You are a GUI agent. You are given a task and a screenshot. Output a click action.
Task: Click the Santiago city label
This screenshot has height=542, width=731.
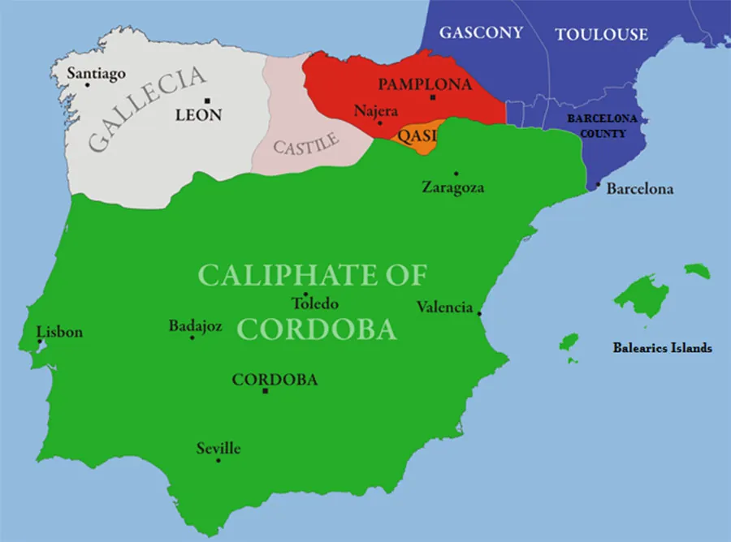[96, 74]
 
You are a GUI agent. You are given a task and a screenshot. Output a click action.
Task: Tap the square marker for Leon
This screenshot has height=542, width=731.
[208, 100]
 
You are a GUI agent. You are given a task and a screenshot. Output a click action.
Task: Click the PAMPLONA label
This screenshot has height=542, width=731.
[425, 84]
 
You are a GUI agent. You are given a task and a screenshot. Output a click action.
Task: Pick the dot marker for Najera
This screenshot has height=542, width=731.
[379, 123]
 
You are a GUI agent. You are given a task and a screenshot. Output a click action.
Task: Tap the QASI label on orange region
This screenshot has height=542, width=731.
[417, 135]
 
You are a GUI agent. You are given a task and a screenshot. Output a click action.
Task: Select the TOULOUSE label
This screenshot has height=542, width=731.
[601, 34]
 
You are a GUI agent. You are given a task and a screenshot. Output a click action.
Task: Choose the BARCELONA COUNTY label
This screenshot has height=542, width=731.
[602, 126]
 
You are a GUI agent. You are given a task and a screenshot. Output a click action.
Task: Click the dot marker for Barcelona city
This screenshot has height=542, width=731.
[599, 186]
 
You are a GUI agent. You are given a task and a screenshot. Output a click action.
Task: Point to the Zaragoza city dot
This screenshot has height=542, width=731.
[456, 173]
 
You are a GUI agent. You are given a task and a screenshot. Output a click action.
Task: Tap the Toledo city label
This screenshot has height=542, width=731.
[315, 304]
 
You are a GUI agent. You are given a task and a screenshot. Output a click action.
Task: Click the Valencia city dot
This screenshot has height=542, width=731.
[479, 313]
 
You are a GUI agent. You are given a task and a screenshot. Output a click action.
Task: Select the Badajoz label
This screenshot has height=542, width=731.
[195, 326]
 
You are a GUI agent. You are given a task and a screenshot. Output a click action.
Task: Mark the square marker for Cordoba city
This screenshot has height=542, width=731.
[265, 391]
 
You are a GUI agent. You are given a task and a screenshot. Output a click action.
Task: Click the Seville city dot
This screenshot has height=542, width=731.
[218, 460]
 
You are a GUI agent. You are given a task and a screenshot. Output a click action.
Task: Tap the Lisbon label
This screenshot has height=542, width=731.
[60, 332]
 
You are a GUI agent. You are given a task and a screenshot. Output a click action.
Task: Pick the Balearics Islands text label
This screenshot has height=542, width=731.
[662, 348]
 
